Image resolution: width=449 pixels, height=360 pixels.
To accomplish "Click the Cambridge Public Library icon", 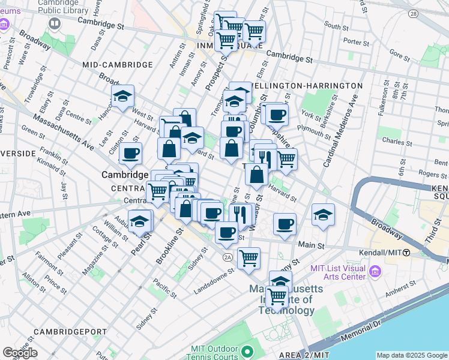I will coord(55,23).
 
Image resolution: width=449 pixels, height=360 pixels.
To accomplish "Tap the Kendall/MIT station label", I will coord(384,253).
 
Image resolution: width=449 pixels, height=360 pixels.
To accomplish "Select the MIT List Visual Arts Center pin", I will coord(376,272).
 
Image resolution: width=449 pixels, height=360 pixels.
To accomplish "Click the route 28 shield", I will coord(413,13).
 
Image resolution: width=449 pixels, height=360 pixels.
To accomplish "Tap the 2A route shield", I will coord(228,257).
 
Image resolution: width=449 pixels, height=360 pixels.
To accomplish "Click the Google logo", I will coord(20,353).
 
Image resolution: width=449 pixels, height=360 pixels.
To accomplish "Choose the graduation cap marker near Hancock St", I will coord(122,96).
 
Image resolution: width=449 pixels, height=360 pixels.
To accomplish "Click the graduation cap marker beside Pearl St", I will coord(140,222).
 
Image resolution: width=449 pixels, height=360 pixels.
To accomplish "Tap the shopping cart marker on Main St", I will coord(249,259).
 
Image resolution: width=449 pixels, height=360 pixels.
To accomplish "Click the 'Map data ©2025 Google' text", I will coord(412,355).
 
